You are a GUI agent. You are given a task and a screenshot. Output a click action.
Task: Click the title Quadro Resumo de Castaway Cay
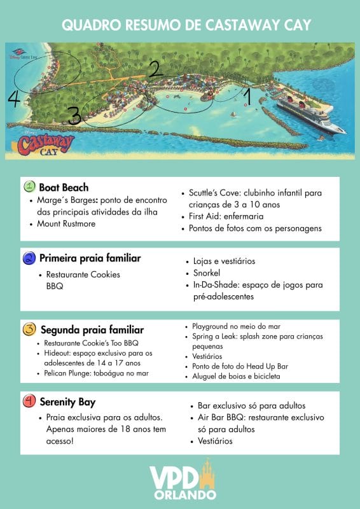click(180, 25)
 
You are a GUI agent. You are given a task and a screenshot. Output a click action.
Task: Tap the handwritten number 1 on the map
click(247, 97)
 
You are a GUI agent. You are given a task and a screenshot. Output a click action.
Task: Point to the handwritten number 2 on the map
click(155, 69)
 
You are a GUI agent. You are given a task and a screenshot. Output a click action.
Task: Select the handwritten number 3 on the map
click(74, 116)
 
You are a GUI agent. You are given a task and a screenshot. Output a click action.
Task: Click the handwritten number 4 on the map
click(14, 99)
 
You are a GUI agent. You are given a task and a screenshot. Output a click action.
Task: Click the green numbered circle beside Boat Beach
click(29, 187)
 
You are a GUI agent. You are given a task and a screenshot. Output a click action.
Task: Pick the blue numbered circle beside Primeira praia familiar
click(29, 258)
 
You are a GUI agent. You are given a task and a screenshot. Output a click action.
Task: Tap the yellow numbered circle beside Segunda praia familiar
click(29, 330)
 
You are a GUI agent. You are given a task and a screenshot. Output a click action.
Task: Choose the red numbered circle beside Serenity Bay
click(29, 402)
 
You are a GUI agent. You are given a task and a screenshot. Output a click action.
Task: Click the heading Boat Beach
click(64, 188)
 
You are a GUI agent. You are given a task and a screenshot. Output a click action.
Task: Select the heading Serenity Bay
click(67, 403)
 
